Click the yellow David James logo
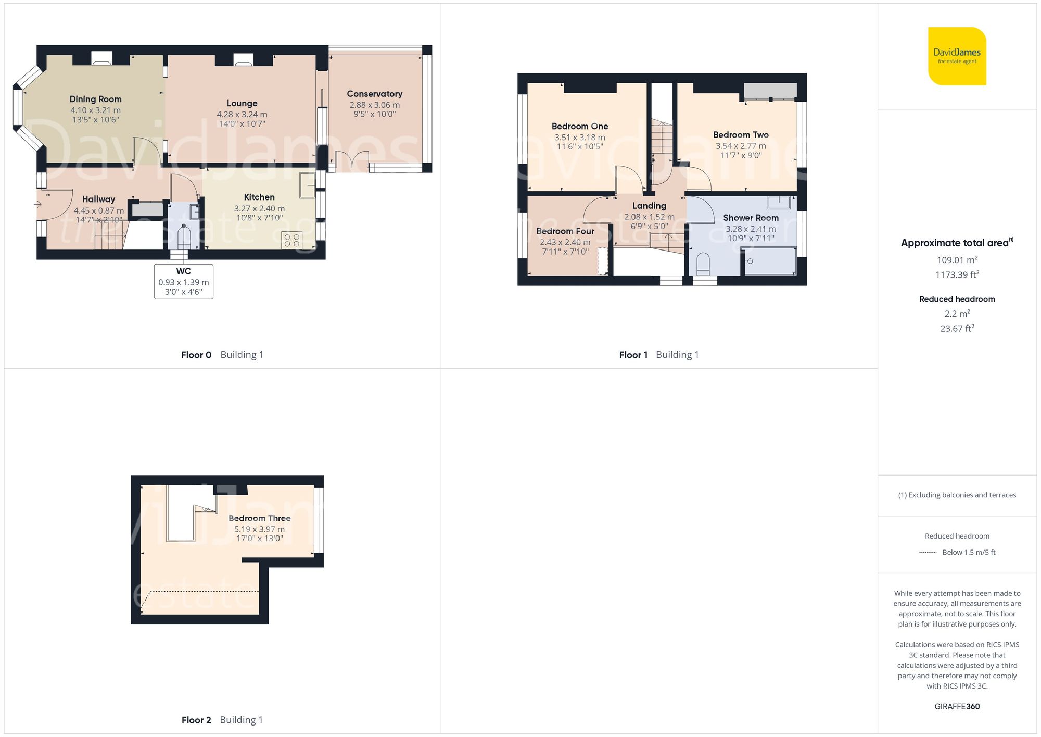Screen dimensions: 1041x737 [x=957, y=56]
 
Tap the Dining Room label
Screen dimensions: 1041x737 [x=96, y=99]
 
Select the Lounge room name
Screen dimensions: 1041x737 [x=242, y=103]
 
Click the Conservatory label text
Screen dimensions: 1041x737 [x=375, y=94]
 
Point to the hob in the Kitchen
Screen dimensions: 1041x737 [x=291, y=241]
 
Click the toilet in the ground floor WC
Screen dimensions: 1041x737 [x=184, y=237]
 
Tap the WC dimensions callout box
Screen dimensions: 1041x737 [x=184, y=281]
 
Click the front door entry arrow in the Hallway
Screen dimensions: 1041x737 [x=37, y=204]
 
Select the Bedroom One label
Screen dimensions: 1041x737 [x=580, y=126]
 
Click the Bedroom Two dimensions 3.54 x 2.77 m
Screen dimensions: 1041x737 [x=741, y=146]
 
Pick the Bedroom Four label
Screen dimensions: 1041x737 [x=565, y=231]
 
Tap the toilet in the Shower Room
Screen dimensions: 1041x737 [x=703, y=264]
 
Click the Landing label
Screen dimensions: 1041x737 [x=649, y=206]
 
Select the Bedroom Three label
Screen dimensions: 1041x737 [x=260, y=518]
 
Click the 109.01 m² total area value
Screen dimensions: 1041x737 [x=957, y=259]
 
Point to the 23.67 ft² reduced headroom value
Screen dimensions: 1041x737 [x=957, y=328]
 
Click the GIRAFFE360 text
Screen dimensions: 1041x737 [x=957, y=706]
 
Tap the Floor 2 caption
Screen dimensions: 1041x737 [x=196, y=720]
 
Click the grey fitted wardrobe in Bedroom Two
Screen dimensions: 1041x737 [x=770, y=91]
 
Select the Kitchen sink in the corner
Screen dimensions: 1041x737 [x=307, y=185]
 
